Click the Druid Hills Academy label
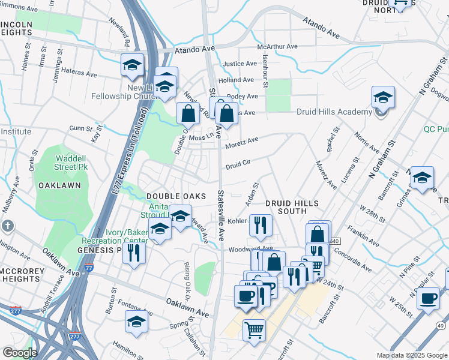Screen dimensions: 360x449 (x=334, y=112)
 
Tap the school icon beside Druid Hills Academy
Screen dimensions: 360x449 (x=383, y=96)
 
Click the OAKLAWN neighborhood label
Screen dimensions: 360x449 (x=59, y=185)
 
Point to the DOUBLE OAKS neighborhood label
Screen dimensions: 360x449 (x=176, y=196)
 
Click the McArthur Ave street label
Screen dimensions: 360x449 (x=277, y=46)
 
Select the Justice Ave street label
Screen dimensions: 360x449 (x=240, y=64)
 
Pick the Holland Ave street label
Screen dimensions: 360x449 (x=236, y=80)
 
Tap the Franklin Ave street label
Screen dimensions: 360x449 (x=366, y=238)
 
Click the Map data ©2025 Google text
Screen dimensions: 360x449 (x=412, y=355)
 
